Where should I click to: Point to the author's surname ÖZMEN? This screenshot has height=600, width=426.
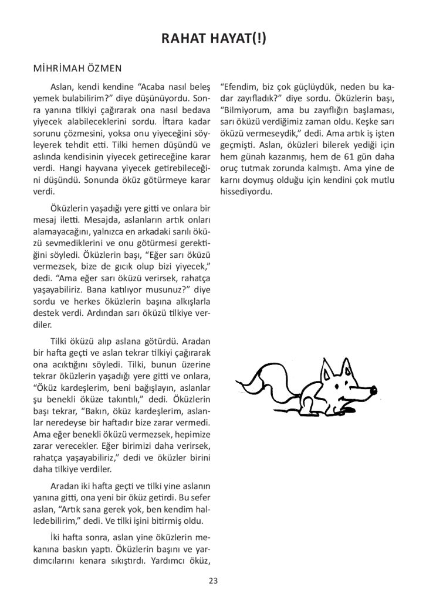coord(106,68)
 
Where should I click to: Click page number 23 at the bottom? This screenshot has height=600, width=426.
coord(213,581)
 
